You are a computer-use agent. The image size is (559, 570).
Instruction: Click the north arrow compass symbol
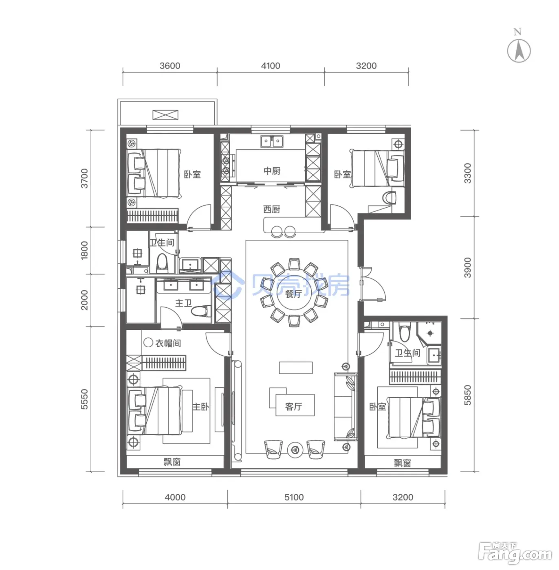(x=519, y=50)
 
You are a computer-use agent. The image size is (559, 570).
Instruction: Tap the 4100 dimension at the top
(x=271, y=66)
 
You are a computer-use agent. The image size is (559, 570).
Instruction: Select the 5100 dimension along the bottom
(x=294, y=497)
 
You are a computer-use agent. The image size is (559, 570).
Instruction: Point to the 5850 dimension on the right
(x=467, y=395)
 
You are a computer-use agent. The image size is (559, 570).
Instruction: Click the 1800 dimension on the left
(x=85, y=250)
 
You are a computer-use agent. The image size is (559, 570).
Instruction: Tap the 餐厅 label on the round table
(x=293, y=294)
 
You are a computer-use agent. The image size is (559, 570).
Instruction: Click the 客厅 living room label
(x=293, y=407)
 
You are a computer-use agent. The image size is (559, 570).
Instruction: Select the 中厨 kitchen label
(x=272, y=171)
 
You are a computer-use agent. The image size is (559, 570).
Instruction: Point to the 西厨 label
(x=271, y=209)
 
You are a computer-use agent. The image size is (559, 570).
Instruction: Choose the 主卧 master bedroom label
(x=200, y=406)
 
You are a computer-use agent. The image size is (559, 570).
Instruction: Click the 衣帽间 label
(x=168, y=343)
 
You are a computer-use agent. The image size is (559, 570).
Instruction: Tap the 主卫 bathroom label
(x=183, y=303)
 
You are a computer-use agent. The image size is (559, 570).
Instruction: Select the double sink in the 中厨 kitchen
(x=272, y=141)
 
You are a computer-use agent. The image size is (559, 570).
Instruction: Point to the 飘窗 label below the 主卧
(x=172, y=462)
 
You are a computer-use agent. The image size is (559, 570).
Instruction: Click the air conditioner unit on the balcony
(x=165, y=115)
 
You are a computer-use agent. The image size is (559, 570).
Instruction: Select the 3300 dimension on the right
(x=467, y=173)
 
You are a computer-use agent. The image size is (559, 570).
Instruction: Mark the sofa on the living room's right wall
(x=345, y=407)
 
